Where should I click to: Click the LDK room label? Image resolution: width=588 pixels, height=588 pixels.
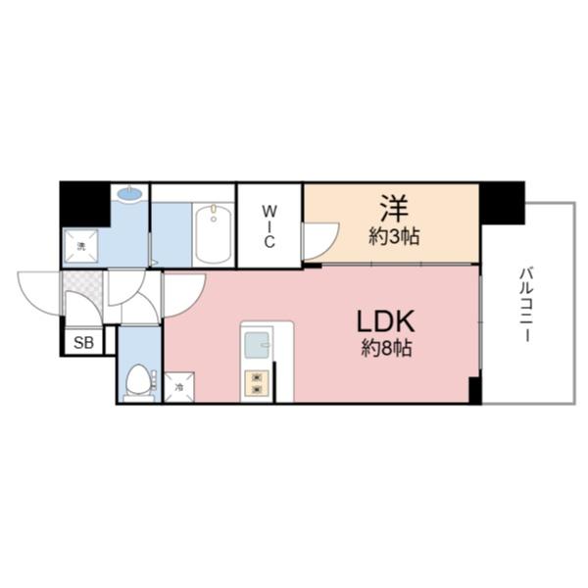point(386,321)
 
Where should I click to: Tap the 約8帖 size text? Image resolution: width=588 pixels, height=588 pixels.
point(387,349)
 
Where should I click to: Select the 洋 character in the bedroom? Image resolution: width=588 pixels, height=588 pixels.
point(392,208)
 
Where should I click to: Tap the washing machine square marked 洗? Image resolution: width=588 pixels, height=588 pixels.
point(82,246)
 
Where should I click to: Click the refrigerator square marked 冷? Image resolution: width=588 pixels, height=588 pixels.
point(179,387)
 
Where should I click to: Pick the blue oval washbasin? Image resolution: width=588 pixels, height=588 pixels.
point(128,194)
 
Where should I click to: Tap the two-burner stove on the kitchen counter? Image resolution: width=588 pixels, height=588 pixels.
point(257,382)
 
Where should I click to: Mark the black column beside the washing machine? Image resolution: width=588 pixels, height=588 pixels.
point(84,203)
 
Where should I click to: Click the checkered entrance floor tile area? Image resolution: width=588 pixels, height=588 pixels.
point(82,291)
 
